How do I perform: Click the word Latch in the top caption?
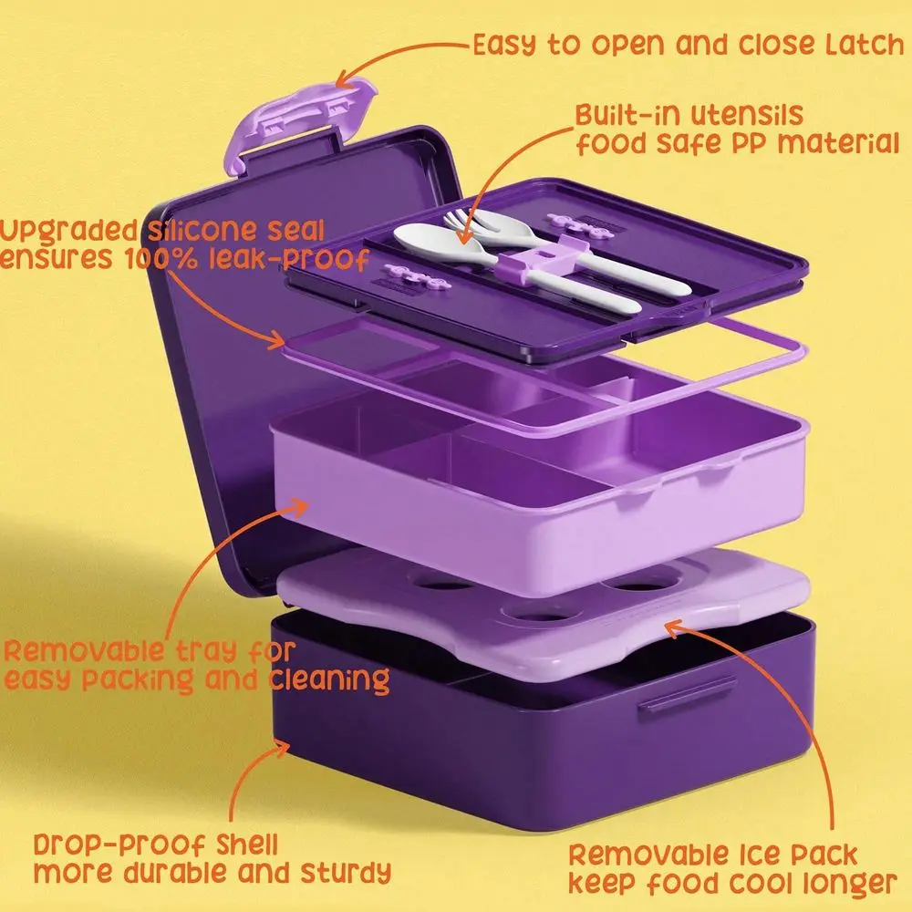pyautogui.click(x=865, y=45)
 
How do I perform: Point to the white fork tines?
pyautogui.click(x=460, y=220)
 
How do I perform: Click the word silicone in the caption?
pyautogui.click(x=202, y=231)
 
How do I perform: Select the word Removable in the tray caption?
pyautogui.click(x=83, y=650)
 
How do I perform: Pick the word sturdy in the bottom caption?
pyautogui.click(x=346, y=873)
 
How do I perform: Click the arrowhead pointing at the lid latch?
pyautogui.click(x=346, y=79)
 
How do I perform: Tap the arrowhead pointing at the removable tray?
pyautogui.click(x=298, y=508)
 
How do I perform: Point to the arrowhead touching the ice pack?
pyautogui.click(x=675, y=629)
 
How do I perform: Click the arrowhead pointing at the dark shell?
pyautogui.click(x=280, y=748)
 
